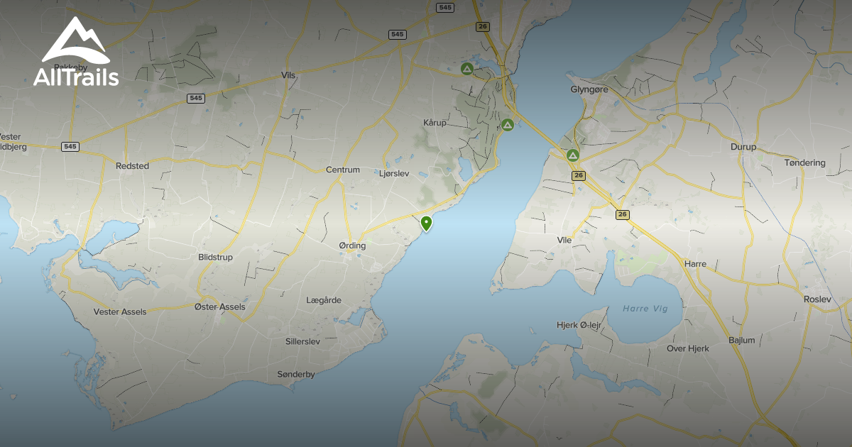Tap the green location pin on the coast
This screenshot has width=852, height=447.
426,223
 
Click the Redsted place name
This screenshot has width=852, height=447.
132,166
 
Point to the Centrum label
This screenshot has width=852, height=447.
343,170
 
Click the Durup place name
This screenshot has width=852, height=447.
743,148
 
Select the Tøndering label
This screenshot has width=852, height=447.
804,163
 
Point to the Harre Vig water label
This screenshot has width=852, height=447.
645,309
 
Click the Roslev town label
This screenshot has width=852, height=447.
816,299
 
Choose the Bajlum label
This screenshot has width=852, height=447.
742,341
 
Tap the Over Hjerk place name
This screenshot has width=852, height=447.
687,349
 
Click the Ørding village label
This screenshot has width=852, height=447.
352,246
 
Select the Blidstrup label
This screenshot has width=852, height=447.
216,258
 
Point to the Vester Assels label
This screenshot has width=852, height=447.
120,312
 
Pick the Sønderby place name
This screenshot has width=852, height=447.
296,375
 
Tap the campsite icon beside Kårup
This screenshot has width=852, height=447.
507,125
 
